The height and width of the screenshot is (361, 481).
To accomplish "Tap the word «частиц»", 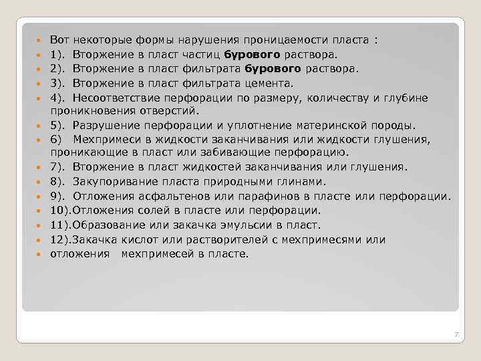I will (x=202, y=53).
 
